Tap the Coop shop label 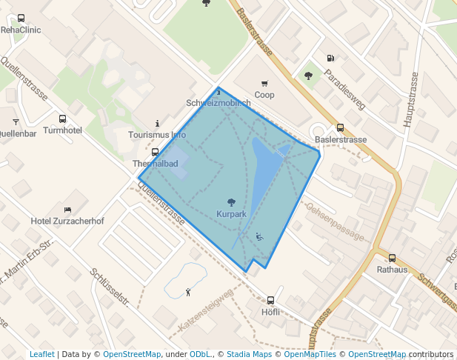[x=264, y=95]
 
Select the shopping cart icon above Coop [x=264, y=84]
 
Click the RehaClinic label [x=21, y=30]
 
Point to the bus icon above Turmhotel [x=62, y=119]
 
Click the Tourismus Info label [x=157, y=135]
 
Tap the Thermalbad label [x=155, y=163]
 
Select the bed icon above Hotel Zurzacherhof [x=67, y=210]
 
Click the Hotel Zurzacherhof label [x=67, y=221]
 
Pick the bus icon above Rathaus [x=392, y=259]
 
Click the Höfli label [x=270, y=312]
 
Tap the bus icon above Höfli [x=270, y=301]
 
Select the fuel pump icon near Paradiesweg [x=330, y=58]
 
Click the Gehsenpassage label [x=336, y=223]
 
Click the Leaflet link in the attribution [x=41, y=354]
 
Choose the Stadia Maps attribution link [x=249, y=354]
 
